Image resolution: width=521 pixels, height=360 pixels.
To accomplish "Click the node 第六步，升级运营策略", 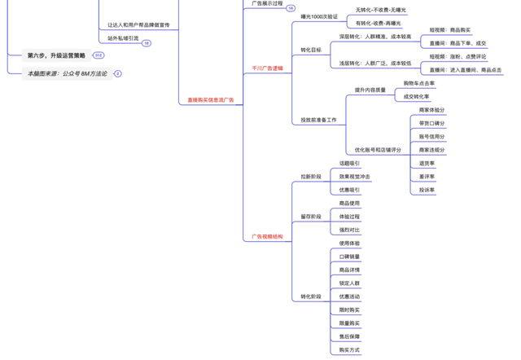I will click(56, 55).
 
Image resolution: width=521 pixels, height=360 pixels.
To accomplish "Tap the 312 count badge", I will click(99, 55).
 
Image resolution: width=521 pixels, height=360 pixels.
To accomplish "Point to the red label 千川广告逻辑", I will click(267, 68).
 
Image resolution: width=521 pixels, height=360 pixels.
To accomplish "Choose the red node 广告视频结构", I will click(267, 237).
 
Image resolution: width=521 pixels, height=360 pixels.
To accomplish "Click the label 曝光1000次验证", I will click(319, 16).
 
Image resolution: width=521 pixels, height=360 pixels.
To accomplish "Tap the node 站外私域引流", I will click(123, 38).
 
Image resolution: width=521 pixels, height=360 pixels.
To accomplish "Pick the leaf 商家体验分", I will click(431, 110).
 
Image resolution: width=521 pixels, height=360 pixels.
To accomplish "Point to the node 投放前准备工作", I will click(318, 121).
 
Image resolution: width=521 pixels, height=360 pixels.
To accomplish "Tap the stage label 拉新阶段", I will click(311, 177).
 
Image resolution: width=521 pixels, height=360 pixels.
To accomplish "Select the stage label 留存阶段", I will click(311, 217).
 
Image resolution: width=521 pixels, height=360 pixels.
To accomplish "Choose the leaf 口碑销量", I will click(349, 257).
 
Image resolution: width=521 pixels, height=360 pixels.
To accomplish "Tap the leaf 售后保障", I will click(349, 336).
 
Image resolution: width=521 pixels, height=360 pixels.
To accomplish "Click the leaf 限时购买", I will click(349, 310).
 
